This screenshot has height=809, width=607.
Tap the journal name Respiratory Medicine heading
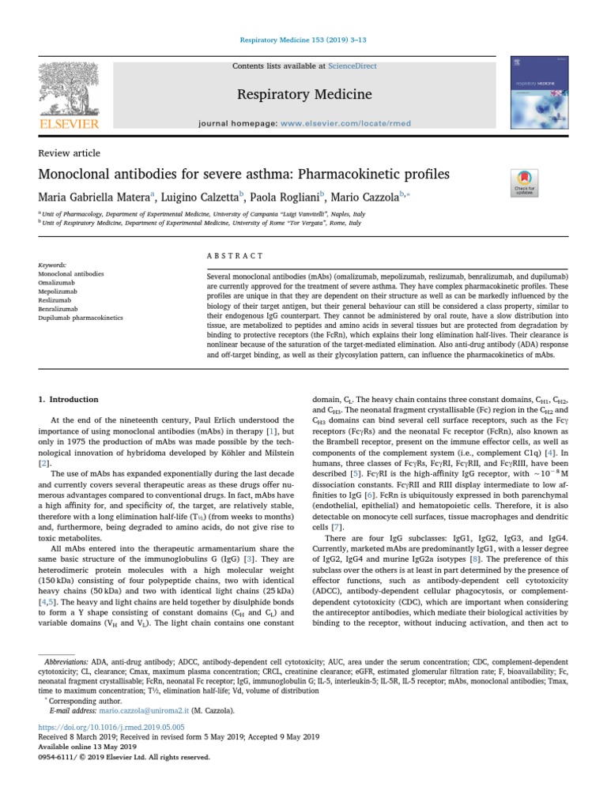(x=304, y=96)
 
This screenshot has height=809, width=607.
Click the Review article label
(x=70, y=153)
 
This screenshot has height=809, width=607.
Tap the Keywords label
(x=52, y=265)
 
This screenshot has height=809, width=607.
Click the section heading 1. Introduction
(x=69, y=400)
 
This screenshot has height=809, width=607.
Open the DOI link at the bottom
(x=111, y=727)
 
